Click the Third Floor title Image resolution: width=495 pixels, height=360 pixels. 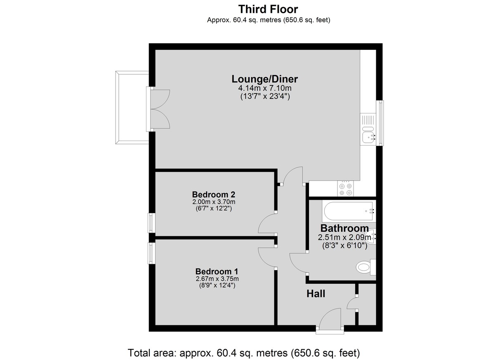pos(268,9)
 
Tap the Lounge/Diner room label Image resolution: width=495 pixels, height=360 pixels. pos(265,79)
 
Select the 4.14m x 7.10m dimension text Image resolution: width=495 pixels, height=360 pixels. pos(265,88)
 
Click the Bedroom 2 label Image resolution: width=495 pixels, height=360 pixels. pos(214,194)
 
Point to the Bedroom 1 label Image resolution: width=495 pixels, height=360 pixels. pos(217,271)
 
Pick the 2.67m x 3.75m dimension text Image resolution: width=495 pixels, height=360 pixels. pos(217,279)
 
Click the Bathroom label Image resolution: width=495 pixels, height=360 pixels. pos(344,228)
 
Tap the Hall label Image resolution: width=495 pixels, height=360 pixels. pos(316,294)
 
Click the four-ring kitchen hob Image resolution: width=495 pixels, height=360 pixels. pos(345,188)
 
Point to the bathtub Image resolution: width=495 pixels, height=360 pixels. pos(349,211)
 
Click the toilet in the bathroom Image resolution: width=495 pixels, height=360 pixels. pos(366,267)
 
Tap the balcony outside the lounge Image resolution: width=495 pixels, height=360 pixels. pos(132,108)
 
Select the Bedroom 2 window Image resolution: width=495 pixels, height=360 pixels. pos(151,223)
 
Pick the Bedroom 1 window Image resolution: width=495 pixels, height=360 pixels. pos(151,253)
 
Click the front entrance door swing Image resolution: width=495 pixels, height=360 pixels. pos(330,318)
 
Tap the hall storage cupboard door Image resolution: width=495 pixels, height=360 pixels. pos(352,303)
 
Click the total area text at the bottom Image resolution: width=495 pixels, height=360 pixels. pos(244,353)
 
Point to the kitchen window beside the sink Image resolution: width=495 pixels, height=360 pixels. pos(380,123)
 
